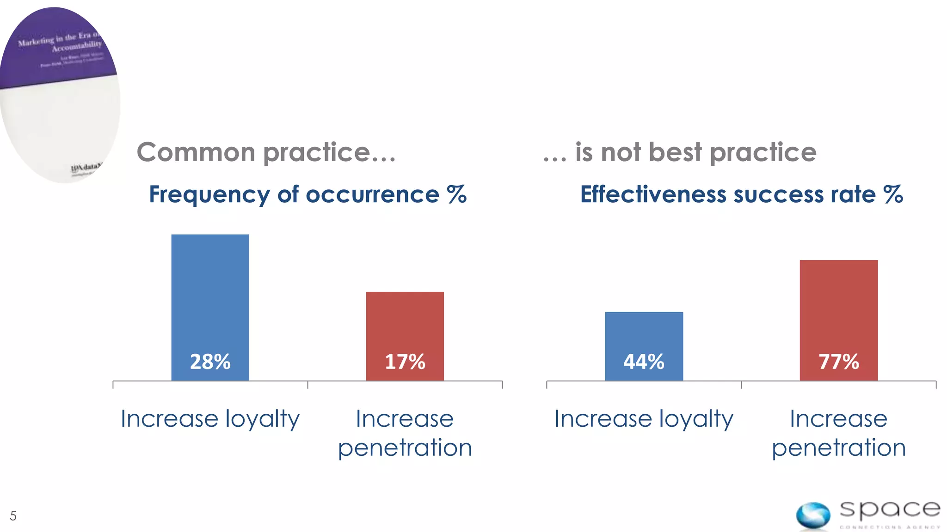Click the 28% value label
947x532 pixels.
[210, 362]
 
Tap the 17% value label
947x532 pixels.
[405, 362]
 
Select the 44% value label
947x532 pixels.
[644, 362]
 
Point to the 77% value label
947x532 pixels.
[838, 362]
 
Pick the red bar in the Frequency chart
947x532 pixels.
[405, 323]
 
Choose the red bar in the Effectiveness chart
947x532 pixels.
[838, 305]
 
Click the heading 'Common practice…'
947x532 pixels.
[266, 152]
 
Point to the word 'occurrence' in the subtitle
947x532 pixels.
[372, 195]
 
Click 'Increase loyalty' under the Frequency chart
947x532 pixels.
[210, 419]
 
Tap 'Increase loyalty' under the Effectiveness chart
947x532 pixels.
[644, 419]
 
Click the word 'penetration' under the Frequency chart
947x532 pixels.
[405, 448]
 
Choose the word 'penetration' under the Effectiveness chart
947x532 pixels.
[838, 448]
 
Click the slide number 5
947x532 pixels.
[13, 516]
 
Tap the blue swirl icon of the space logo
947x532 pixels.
[813, 515]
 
